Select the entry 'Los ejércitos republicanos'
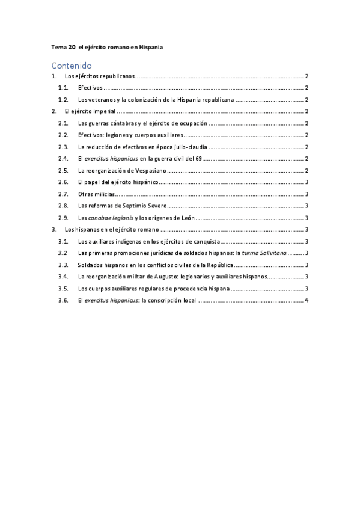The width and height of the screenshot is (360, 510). [x=99, y=76]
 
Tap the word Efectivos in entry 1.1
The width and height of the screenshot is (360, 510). [x=90, y=88]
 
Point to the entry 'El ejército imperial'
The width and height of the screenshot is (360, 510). [x=90, y=111]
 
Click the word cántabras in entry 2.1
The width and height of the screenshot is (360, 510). [x=121, y=123]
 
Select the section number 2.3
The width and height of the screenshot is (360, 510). [x=63, y=147]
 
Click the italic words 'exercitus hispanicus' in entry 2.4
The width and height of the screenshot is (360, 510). [x=115, y=159]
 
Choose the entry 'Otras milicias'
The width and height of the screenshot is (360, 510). [x=96, y=194]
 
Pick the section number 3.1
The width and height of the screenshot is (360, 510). [x=63, y=241]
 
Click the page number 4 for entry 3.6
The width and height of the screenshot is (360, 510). [x=307, y=300]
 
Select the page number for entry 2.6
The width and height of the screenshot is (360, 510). [x=307, y=182]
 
